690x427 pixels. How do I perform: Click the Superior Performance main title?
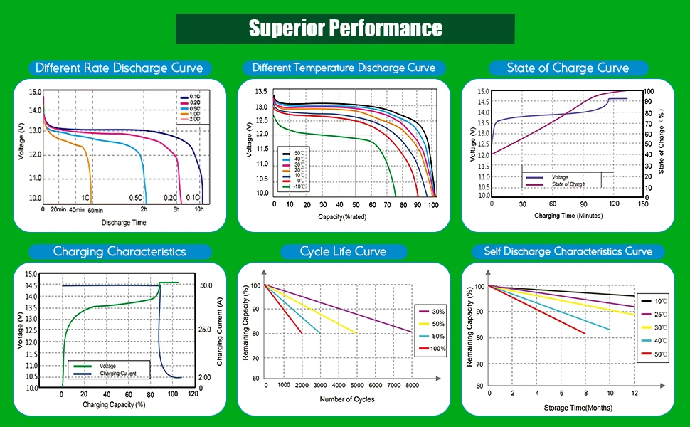click(345, 28)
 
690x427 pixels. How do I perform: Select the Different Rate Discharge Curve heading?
click(120, 68)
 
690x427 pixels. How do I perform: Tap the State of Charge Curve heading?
click(568, 68)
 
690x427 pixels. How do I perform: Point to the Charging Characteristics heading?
click(120, 251)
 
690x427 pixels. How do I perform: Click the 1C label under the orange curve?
click(85, 197)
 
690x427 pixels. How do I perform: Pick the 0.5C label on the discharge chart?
click(135, 197)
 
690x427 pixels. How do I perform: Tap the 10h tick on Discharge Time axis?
click(200, 210)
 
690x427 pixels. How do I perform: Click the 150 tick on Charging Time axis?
click(642, 204)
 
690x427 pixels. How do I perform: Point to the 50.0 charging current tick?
click(206, 285)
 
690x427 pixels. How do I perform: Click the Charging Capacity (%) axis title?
click(114, 405)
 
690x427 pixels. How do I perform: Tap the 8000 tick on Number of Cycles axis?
click(412, 385)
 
